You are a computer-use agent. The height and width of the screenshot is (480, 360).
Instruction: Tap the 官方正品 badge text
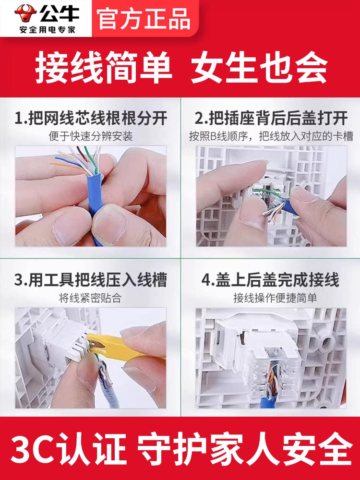pos(144,19)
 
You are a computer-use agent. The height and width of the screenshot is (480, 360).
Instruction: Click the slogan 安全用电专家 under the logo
pos(47,30)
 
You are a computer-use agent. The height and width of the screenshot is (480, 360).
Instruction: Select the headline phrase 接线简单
pos(104,67)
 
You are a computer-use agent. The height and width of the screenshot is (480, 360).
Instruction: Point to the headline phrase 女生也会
pos(259,67)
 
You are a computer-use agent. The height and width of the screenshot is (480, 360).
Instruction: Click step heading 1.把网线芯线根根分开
pos(91,119)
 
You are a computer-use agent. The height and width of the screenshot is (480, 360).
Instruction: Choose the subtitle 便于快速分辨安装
pos(91,136)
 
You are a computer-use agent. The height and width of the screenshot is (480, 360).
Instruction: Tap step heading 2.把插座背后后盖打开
pos(271,119)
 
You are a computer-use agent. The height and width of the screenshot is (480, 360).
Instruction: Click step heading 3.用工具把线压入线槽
pos(91,280)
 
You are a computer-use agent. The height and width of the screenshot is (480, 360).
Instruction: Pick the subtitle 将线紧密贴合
pos(91,298)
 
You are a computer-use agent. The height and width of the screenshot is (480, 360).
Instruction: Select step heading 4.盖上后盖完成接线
pos(270,280)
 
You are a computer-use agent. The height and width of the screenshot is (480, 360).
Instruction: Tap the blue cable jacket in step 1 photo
pos(96,199)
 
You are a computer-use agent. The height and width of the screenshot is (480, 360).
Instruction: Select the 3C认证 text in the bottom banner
pos(69,448)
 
